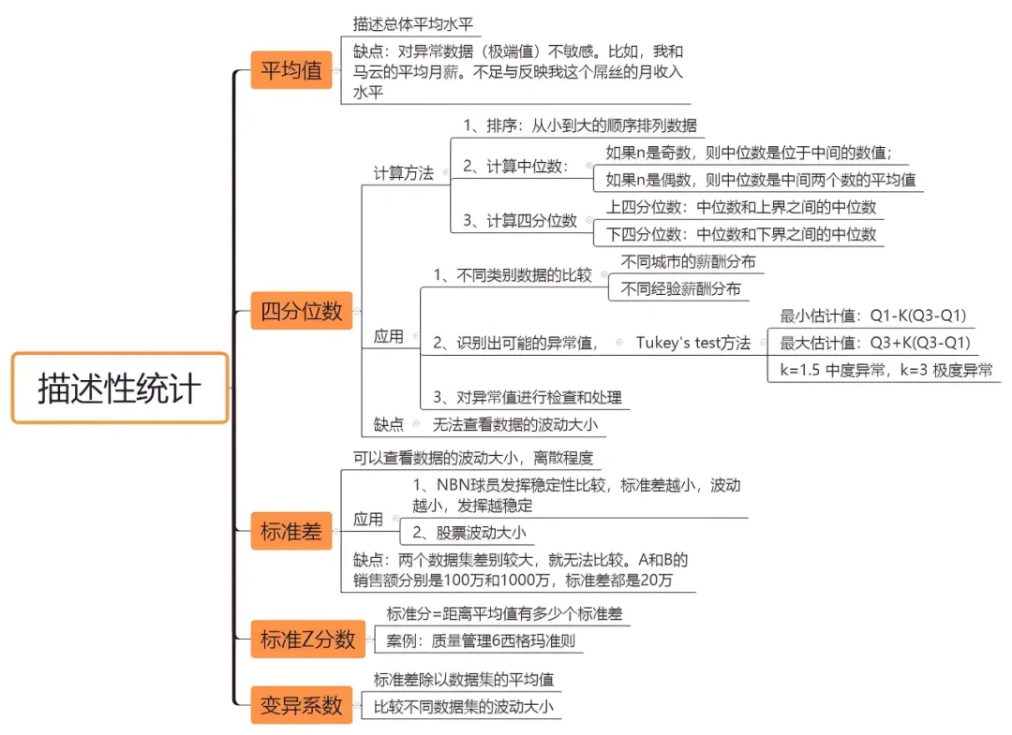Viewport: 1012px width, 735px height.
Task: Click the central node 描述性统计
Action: pyautogui.click(x=120, y=388)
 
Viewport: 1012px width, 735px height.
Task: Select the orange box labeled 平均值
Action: pyautogui.click(x=291, y=70)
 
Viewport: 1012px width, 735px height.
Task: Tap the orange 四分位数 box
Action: pyautogui.click(x=302, y=310)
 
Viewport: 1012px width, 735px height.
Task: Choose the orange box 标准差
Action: pyautogui.click(x=291, y=532)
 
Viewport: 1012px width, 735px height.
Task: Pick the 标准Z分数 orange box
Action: pyautogui.click(x=307, y=640)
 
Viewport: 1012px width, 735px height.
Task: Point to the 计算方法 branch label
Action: pyautogui.click(x=403, y=173)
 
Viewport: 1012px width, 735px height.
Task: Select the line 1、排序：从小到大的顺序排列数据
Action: pyautogui.click(x=579, y=125)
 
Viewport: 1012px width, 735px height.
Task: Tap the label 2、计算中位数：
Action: pyautogui.click(x=515, y=166)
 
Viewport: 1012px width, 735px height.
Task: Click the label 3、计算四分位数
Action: pyautogui.click(x=520, y=220)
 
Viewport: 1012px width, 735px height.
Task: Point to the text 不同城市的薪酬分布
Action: pyautogui.click(x=688, y=261)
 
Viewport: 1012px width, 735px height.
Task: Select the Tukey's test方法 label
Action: pyautogui.click(x=692, y=343)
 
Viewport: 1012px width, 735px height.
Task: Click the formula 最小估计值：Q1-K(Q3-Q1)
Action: pyautogui.click(x=873, y=316)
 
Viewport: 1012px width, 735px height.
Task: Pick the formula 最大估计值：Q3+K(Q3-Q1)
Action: pyautogui.click(x=874, y=342)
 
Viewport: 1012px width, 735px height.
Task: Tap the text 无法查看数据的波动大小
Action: pyautogui.click(x=514, y=424)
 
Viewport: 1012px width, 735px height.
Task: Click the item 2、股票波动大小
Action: pyautogui.click(x=469, y=533)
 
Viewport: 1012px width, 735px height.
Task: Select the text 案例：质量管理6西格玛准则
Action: pyautogui.click(x=480, y=642)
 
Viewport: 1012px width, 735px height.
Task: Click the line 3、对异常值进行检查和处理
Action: pyautogui.click(x=527, y=397)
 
